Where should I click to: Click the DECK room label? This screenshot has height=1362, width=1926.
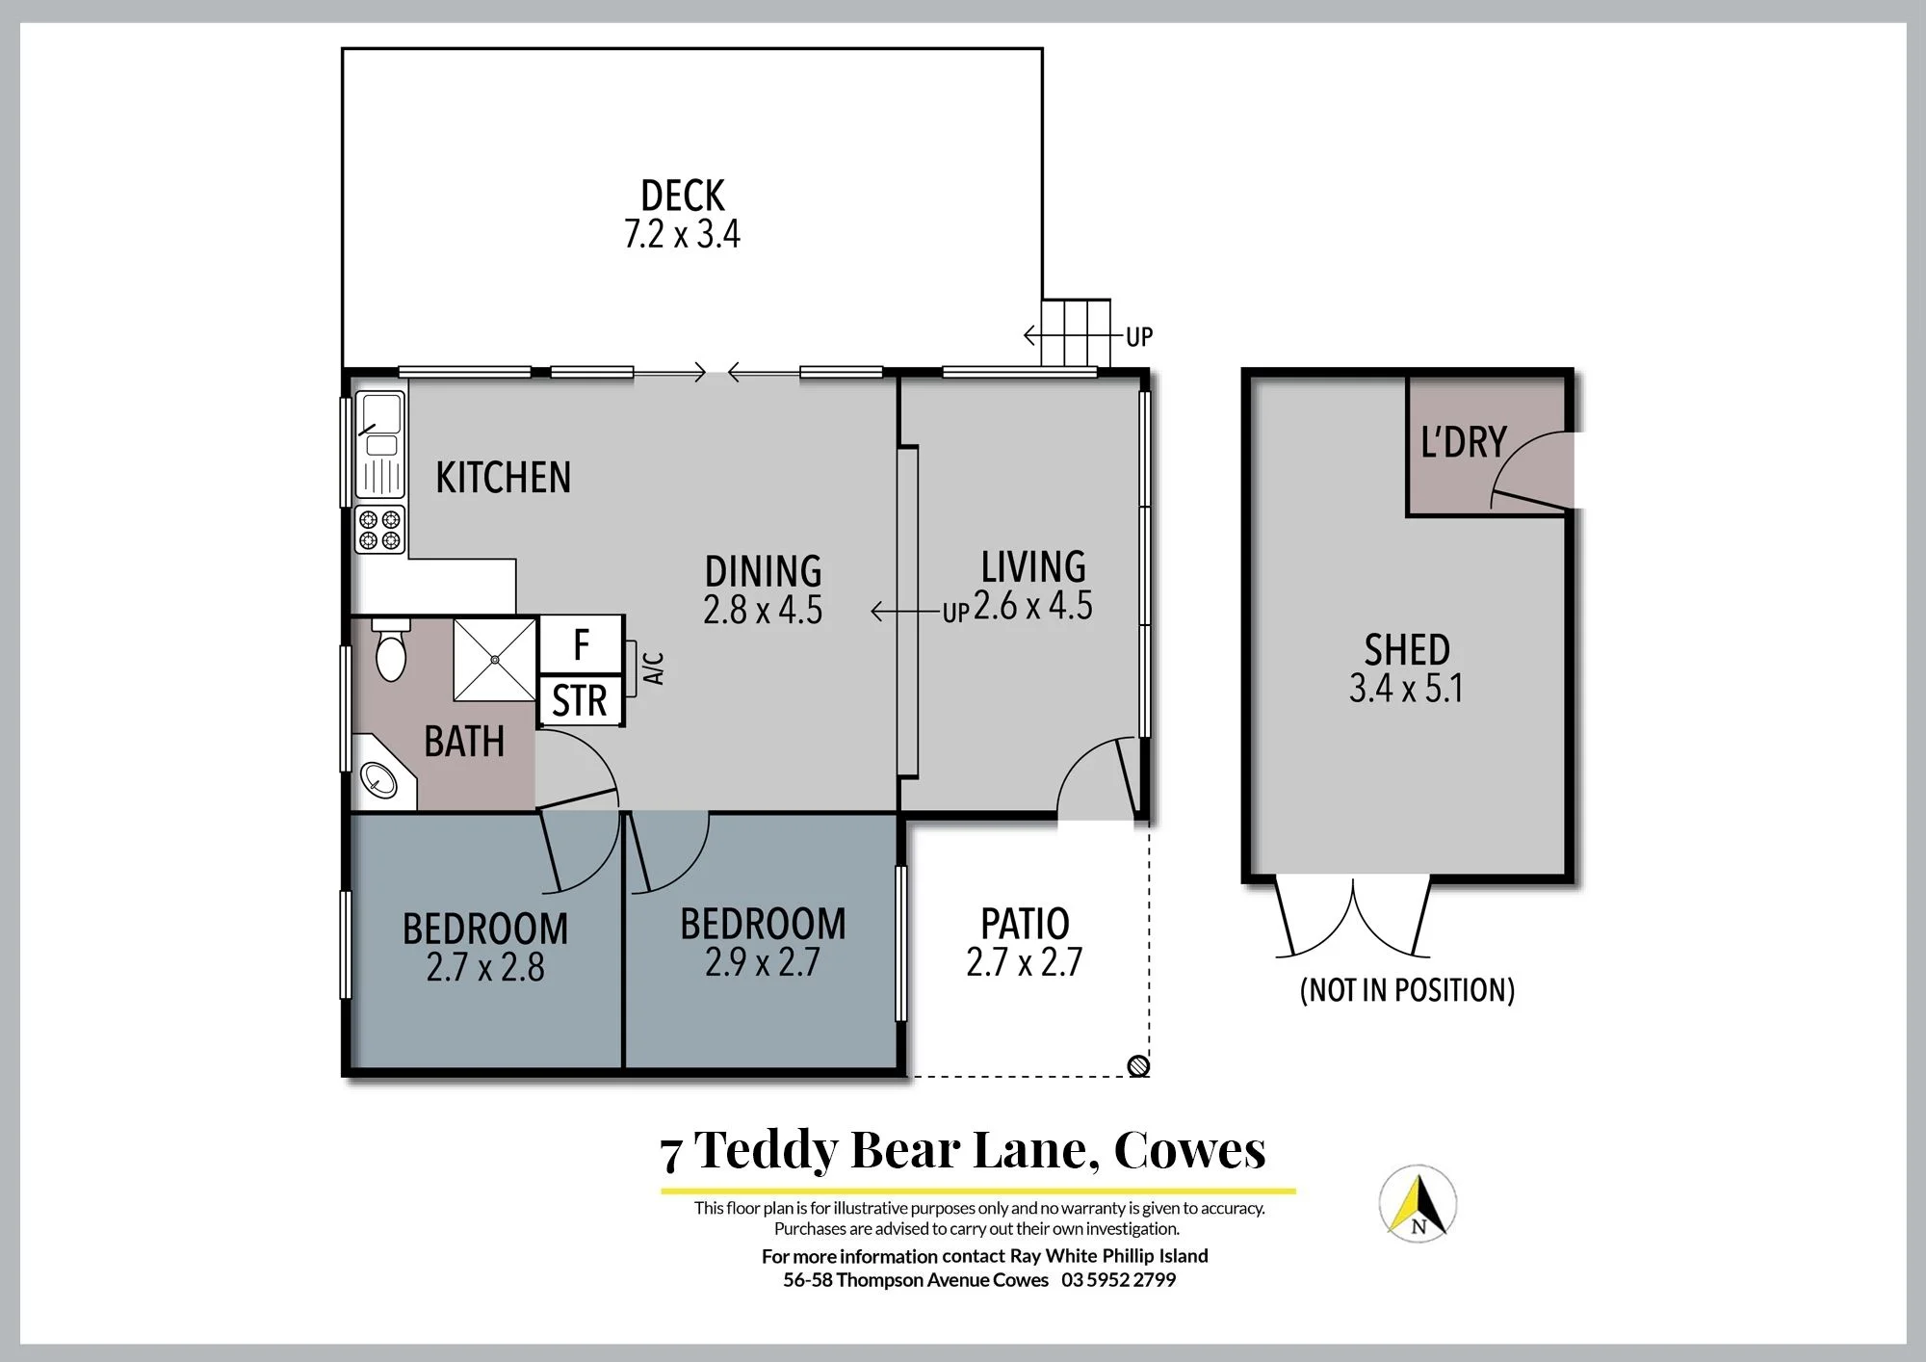pyautogui.click(x=682, y=196)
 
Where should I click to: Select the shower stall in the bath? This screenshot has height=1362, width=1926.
pyautogui.click(x=494, y=660)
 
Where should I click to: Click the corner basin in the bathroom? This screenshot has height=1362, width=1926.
pyautogui.click(x=379, y=776)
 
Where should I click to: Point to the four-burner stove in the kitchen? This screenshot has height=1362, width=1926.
pyautogui.click(x=379, y=530)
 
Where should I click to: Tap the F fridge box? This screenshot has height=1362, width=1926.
pyautogui.click(x=581, y=644)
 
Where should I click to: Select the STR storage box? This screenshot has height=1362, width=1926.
pyautogui.click(x=580, y=700)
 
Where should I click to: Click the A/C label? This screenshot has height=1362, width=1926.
pyautogui.click(x=654, y=668)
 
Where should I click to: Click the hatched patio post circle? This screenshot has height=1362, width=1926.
pyautogui.click(x=1138, y=1065)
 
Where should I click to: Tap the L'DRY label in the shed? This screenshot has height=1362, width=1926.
pyautogui.click(x=1464, y=442)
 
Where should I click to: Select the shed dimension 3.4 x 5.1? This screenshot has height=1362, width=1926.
pyautogui.click(x=1406, y=688)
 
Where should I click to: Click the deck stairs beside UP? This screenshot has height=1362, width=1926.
pyautogui.click(x=1076, y=333)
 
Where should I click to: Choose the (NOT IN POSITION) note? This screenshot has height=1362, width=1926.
pyautogui.click(x=1407, y=990)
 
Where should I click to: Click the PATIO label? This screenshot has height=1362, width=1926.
pyautogui.click(x=1025, y=924)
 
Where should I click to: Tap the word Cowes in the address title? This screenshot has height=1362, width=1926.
pyautogui.click(x=1189, y=1149)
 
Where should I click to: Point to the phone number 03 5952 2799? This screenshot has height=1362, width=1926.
pyautogui.click(x=1118, y=1280)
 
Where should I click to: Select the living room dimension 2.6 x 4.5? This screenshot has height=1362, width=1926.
pyautogui.click(x=1033, y=606)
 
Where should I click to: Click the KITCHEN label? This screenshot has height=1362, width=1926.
pyautogui.click(x=503, y=478)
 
